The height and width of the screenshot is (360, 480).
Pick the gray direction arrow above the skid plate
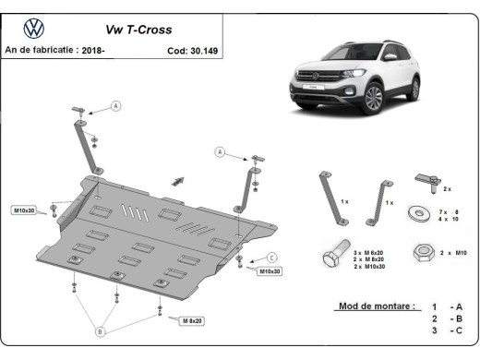[174, 182]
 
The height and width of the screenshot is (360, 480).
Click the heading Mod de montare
[376, 305]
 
